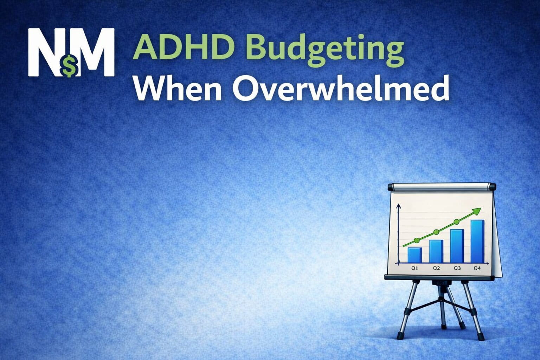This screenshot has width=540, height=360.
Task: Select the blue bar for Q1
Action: tap(414, 255)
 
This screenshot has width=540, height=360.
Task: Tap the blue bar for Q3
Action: tap(457, 246)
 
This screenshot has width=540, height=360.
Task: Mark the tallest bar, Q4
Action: tap(477, 241)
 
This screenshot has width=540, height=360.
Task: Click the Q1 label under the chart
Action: tap(414, 268)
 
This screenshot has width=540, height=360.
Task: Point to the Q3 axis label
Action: tap(457, 268)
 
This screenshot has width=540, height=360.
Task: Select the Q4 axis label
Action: tap(477, 268)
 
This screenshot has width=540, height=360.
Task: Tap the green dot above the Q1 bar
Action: tap(417, 240)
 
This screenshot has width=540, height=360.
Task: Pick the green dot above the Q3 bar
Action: tap(456, 222)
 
